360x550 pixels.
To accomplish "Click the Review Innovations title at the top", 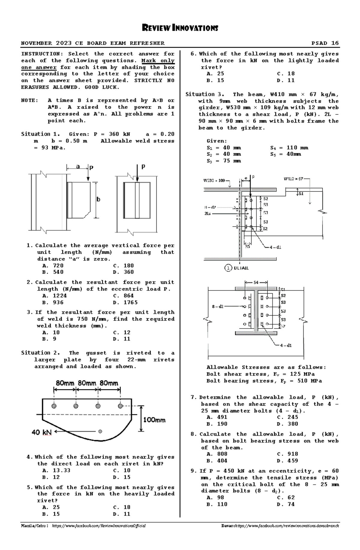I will (180, 28).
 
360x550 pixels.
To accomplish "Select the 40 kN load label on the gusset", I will (42, 432).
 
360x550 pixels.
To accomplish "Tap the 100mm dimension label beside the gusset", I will (154, 420).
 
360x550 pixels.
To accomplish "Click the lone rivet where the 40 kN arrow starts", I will (100, 431).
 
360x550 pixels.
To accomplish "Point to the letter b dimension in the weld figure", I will (98, 199).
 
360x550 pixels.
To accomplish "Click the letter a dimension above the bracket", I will (78, 167).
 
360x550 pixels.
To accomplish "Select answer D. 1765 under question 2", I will (126, 302).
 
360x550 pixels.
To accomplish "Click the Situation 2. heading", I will (40, 353).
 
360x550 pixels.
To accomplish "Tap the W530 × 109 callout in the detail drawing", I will (214, 180).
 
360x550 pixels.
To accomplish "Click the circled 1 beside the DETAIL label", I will (228, 268).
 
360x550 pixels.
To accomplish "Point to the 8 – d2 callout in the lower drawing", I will (217, 307).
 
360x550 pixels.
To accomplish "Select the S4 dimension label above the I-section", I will (256, 282).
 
